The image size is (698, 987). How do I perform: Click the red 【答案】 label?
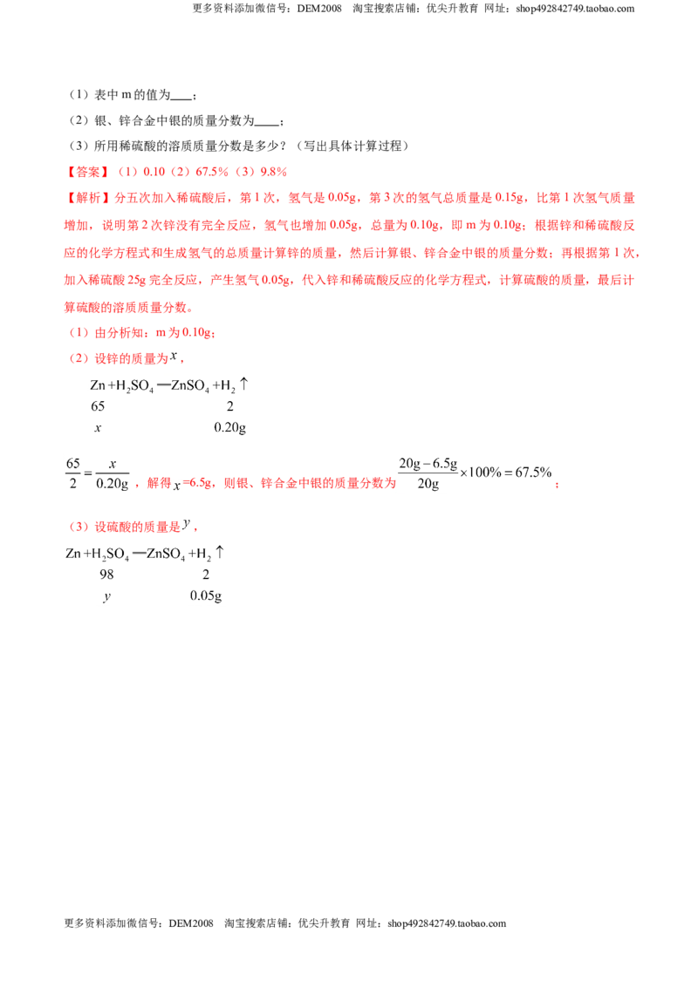tap(88, 172)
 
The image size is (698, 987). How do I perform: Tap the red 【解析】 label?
tap(88, 198)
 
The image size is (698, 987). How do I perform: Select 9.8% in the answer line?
tap(273, 172)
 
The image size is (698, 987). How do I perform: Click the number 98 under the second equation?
tap(106, 574)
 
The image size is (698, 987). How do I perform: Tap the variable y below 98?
tap(106, 596)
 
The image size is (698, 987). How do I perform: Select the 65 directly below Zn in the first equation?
tap(98, 406)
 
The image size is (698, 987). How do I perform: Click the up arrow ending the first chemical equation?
tap(244, 384)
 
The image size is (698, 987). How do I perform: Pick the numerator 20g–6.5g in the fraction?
tap(428, 464)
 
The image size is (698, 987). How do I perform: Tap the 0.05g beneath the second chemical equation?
tap(206, 596)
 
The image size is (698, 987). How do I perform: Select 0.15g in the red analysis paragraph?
tap(510, 198)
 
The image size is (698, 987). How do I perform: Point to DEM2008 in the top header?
tap(319, 9)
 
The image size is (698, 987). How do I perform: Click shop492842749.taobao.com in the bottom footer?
tap(447, 923)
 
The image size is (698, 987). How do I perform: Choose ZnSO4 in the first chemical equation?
tap(189, 386)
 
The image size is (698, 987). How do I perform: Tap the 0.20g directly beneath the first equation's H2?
tap(230, 428)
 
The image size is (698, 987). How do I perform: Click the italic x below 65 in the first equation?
tap(98, 428)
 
